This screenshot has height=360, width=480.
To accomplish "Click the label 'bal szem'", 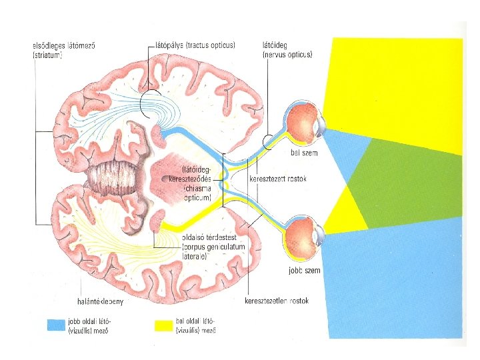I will coord(305,153).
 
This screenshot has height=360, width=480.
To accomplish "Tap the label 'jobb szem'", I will coord(304,271).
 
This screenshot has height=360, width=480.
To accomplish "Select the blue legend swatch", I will coord(55,325).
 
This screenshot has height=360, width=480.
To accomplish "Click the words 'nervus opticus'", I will coord(288,53).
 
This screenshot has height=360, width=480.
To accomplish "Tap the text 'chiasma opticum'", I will coord(198,193).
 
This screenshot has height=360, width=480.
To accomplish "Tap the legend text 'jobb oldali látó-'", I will coord(87,321).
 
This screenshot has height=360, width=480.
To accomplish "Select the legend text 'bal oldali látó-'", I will coord(194,321).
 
